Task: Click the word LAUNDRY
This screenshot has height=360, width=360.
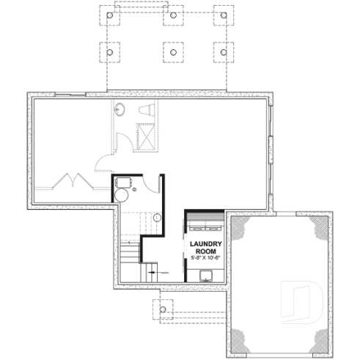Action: [205, 244]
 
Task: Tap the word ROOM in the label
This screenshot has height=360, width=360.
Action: [205, 251]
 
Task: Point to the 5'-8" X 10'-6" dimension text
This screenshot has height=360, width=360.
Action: [205, 259]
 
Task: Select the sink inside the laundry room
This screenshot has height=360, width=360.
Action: [207, 276]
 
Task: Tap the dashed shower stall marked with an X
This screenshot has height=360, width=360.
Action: [144, 136]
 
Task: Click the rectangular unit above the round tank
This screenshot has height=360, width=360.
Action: [122, 181]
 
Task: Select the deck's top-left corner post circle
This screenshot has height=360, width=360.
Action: [109, 15]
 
